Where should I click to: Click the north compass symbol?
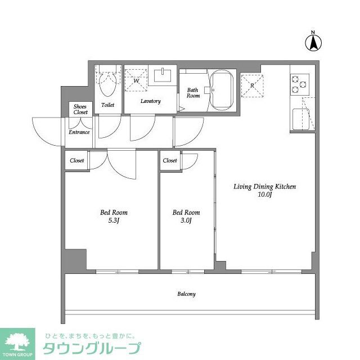coord(313,42)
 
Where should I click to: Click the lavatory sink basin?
coord(164,75)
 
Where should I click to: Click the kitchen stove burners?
coord(300,85)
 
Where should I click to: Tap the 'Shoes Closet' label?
coord(80,110)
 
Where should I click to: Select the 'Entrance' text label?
coord(79,132)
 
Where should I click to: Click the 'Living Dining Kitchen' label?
coord(264,187)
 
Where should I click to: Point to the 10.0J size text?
coord(264,195)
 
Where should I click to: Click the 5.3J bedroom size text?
coord(114,220)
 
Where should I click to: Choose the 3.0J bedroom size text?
coord(186,220)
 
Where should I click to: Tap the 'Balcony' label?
coord(186,294)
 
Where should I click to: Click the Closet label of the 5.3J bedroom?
coord(77,160)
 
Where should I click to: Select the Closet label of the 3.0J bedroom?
coord(170,160)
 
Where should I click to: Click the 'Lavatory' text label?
coord(151,101)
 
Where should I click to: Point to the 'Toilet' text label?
coord(107,105)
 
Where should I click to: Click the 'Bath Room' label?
coord(193,93)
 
